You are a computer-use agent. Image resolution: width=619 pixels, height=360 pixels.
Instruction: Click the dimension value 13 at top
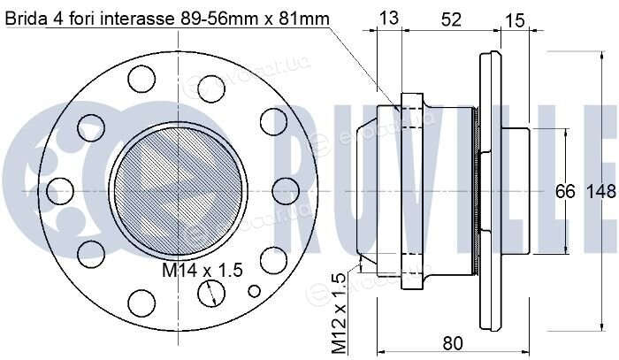[x=388, y=18]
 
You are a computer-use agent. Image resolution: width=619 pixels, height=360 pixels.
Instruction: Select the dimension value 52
[x=450, y=19]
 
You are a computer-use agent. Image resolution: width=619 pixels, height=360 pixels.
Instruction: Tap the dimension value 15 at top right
[x=515, y=19]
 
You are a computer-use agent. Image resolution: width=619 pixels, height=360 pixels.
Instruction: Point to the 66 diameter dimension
[x=565, y=191]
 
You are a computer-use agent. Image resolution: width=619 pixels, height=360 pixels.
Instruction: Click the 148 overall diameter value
[x=600, y=191]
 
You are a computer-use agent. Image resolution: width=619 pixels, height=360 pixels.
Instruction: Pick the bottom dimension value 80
[x=453, y=343]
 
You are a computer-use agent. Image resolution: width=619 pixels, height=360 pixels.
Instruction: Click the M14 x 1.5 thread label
[x=202, y=270]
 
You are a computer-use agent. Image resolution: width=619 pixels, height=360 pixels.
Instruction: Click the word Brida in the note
[x=26, y=19]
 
